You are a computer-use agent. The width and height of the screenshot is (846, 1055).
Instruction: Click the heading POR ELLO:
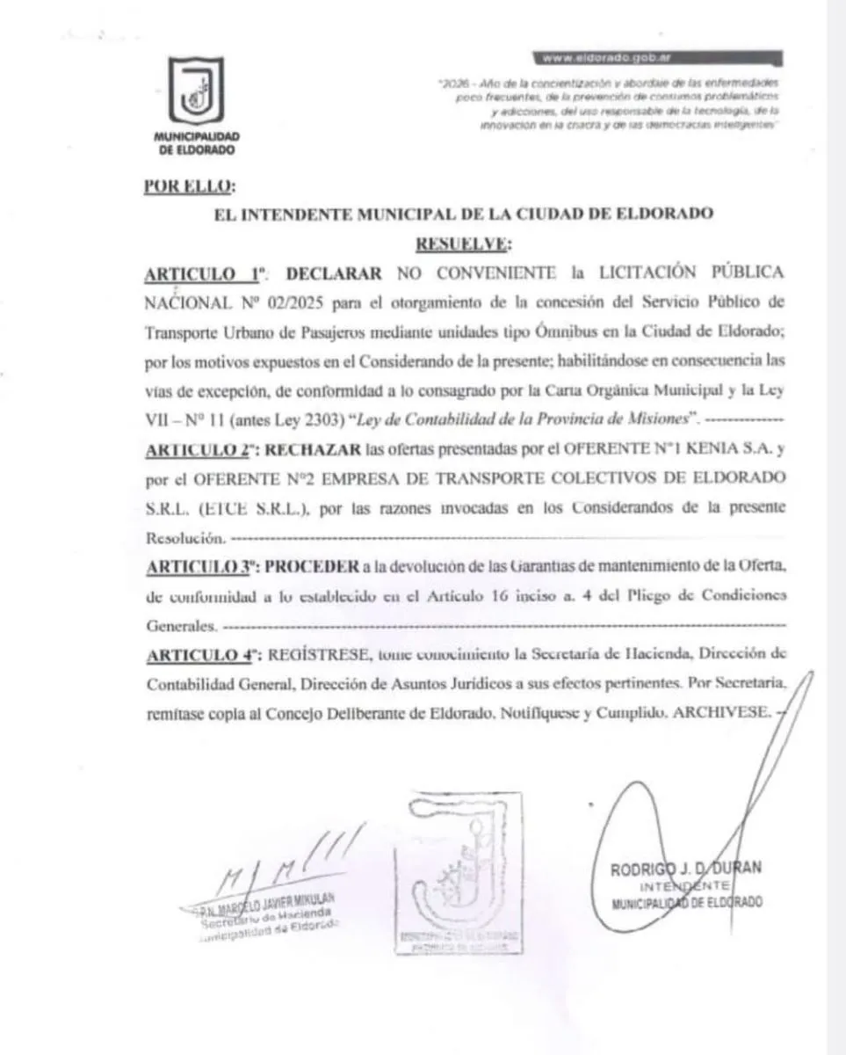tap(187, 186)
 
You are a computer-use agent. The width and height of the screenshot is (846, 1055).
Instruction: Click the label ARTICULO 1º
tap(203, 273)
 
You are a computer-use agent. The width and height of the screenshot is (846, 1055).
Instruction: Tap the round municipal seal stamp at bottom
tap(457, 871)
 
